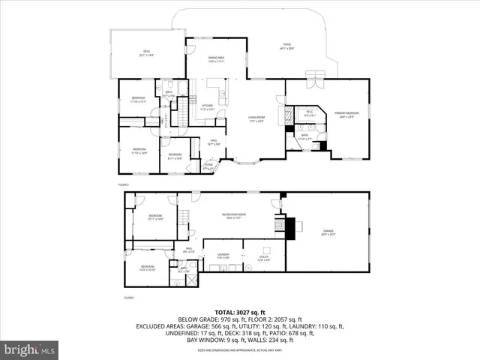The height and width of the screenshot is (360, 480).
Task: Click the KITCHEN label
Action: pos(208,107)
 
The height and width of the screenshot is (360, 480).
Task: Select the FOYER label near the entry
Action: pos(208,167)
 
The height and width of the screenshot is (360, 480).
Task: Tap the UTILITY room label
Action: pos(263,259)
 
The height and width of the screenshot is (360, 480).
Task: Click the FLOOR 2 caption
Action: pos(124,184)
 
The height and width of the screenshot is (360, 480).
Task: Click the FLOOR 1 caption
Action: pos(128,298)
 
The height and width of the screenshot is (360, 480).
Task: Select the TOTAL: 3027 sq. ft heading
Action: pos(240,311)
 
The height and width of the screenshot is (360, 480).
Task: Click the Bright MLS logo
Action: pos(30,349)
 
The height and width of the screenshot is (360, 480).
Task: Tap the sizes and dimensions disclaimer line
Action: pos(240,350)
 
